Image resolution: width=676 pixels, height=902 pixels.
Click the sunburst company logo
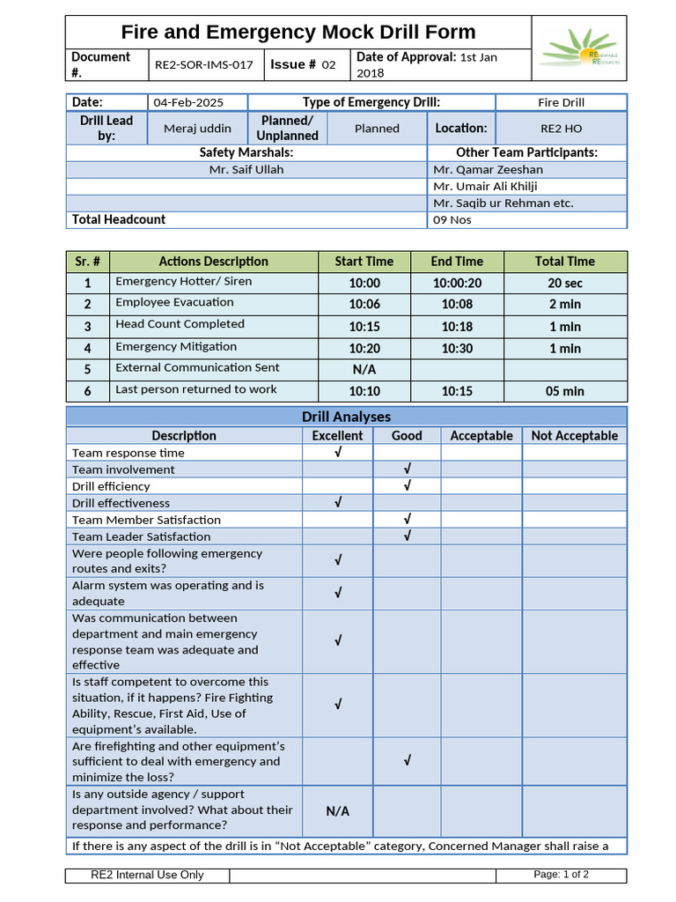[579, 48]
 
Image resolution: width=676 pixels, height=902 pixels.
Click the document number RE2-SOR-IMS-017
[203, 65]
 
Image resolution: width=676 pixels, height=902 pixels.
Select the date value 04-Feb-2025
[183, 103]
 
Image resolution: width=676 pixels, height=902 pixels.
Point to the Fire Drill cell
[561, 103]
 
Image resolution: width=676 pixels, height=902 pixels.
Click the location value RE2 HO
[561, 129]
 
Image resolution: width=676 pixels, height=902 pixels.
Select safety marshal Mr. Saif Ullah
[246, 170]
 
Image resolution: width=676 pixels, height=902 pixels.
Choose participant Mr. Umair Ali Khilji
[485, 187]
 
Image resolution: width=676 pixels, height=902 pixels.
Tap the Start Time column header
[364, 262]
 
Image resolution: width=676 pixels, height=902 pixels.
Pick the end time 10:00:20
[457, 284]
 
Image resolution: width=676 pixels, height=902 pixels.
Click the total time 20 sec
[565, 284]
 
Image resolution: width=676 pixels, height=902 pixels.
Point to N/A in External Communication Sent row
[364, 370]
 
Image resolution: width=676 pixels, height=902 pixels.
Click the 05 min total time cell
[565, 391]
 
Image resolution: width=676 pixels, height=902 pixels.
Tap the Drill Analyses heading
[346, 417]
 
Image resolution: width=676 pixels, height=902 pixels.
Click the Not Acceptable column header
[574, 436]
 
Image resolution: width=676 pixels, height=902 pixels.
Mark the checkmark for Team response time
[338, 453]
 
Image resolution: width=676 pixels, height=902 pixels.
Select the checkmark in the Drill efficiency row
[407, 486]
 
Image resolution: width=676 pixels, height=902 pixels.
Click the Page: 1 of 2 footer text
[561, 875]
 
